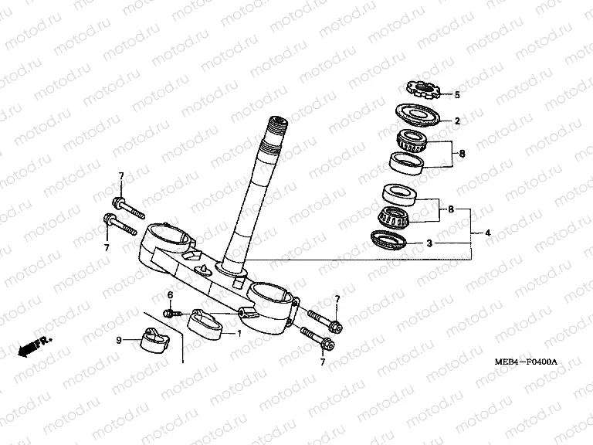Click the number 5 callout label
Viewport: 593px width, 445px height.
coord(456,95)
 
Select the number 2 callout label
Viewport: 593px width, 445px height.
coord(456,121)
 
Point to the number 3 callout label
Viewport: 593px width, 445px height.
coord(451,243)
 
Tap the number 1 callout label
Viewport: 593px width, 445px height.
coord(239,334)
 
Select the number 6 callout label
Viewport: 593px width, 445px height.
coord(171,295)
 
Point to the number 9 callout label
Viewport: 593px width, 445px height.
coord(118,341)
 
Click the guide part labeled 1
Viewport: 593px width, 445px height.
coord(206,322)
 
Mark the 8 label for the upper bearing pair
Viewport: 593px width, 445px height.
coord(462,154)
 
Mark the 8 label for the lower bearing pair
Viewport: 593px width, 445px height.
coord(452,209)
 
